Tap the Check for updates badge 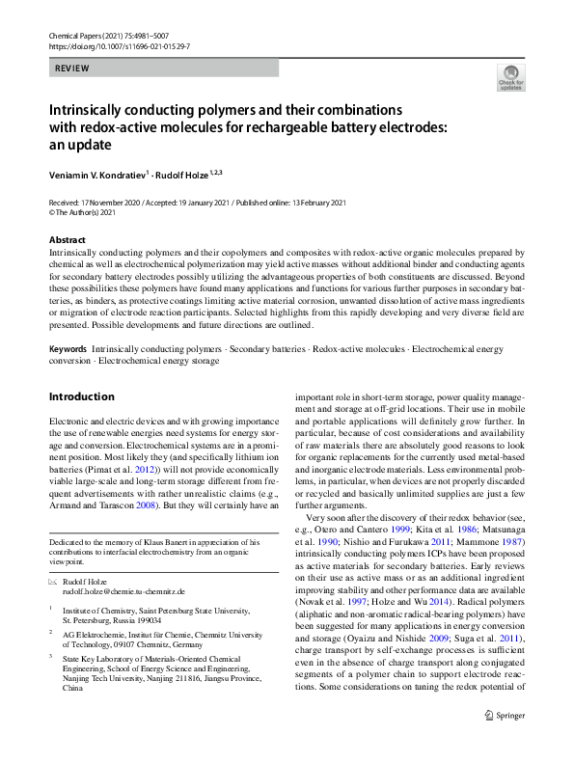click(509, 77)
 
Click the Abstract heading click(67, 240)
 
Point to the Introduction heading click(81, 396)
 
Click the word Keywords click(68, 348)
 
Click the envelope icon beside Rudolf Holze click(54, 582)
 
